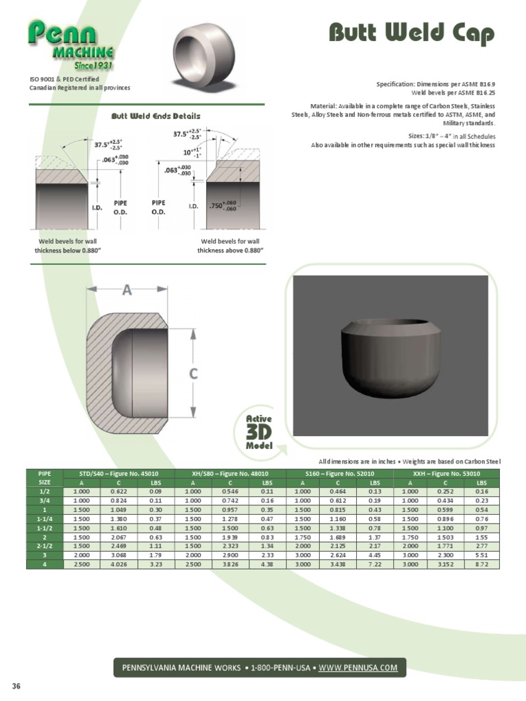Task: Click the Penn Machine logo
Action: coord(71,44)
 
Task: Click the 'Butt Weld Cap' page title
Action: coord(411,32)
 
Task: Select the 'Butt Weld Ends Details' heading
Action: coord(155,116)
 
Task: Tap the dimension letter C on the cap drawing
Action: coord(194,373)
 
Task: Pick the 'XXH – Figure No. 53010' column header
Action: coord(447,473)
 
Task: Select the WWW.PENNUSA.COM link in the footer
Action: coord(358,667)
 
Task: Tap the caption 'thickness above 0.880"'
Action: coord(230,251)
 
